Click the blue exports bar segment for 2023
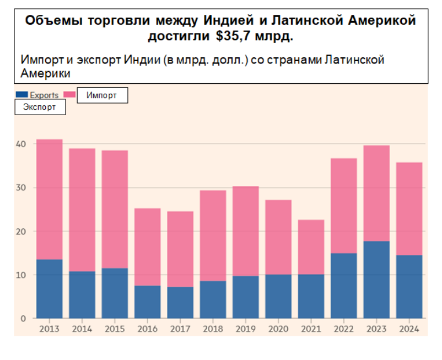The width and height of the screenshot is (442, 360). tap(377, 280)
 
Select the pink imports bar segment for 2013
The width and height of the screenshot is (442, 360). tap(49, 200)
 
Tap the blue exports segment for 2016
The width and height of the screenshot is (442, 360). tap(148, 302)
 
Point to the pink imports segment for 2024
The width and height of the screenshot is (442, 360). tap(409, 208)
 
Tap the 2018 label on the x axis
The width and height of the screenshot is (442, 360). tap(213, 329)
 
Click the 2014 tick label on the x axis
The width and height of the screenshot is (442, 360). tap(82, 329)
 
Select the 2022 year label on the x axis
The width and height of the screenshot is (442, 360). tap(344, 329)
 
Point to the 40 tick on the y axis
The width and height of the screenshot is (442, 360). tap(21, 144)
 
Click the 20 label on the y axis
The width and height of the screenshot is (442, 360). tap(21, 232)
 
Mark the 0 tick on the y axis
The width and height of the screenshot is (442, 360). tap(23, 319)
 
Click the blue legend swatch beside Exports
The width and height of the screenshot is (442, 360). tap(21, 95)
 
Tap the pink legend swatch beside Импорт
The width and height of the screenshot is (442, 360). tap(69, 95)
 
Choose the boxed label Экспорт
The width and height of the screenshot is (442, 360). tap(40, 107)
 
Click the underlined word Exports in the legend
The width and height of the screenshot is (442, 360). tap(44, 95)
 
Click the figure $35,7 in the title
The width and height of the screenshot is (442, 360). tap(232, 37)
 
